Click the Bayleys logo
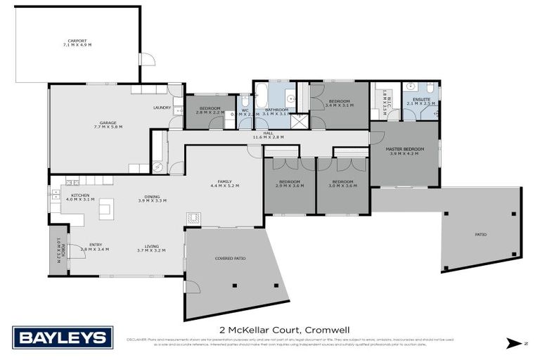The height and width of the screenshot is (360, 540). (x=63, y=337)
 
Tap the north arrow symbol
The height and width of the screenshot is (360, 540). (x=516, y=344)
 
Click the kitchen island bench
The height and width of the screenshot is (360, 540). (x=106, y=207)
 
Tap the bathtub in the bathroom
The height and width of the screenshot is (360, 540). (x=260, y=94)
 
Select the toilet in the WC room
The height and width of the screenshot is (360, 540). (x=245, y=103)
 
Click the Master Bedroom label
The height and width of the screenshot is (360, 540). (x=404, y=150)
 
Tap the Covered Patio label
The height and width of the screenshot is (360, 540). (x=230, y=259)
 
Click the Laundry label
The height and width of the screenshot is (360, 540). (x=162, y=108)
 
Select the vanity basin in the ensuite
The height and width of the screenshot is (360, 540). (x=411, y=88)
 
